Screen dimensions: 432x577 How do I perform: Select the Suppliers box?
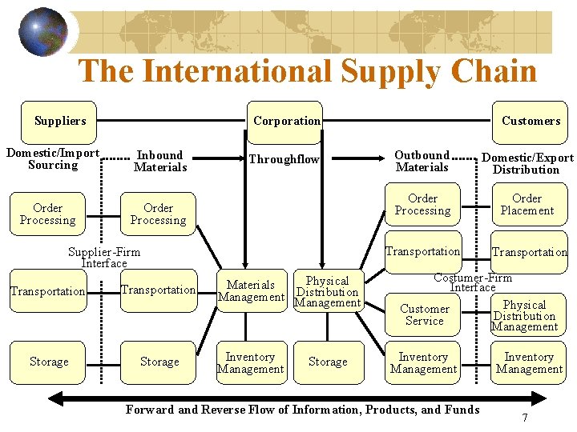pyautogui.click(x=59, y=122)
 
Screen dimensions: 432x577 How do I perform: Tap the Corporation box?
pyautogui.click(x=286, y=122)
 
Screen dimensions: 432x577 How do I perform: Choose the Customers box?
pyautogui.click(x=531, y=122)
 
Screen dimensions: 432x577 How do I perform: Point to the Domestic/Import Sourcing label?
pyautogui.click(x=53, y=159)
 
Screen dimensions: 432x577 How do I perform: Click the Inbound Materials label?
pyautogui.click(x=160, y=161)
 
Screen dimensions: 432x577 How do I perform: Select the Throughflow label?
pyautogui.click(x=284, y=159)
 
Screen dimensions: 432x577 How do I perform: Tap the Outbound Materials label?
pyautogui.click(x=422, y=161)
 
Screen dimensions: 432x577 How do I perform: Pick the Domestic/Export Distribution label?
pyautogui.click(x=527, y=163)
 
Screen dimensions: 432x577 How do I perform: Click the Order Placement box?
pyautogui.click(x=527, y=205)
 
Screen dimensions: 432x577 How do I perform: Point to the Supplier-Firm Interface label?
pyautogui.click(x=104, y=258)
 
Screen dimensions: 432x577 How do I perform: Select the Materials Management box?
pyautogui.click(x=251, y=290)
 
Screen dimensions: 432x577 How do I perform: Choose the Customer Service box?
pyautogui.click(x=425, y=314)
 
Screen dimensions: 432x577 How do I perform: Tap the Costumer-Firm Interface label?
pyautogui.click(x=473, y=282)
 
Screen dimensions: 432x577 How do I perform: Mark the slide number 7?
pyautogui.click(x=524, y=418)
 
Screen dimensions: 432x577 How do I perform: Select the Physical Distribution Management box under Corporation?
pyautogui.click(x=328, y=291)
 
